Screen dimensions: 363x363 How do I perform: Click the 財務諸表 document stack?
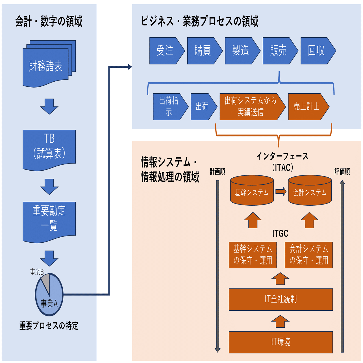point(46,66)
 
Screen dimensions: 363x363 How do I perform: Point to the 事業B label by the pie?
point(37,272)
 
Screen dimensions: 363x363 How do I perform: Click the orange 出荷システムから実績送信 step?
point(251,107)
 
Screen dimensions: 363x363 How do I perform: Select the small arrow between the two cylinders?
point(281,192)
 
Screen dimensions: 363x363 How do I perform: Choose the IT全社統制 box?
point(281,299)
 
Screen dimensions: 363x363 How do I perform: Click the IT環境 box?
point(281,342)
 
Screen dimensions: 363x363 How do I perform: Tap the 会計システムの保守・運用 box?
point(309,255)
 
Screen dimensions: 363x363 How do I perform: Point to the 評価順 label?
point(342,172)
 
